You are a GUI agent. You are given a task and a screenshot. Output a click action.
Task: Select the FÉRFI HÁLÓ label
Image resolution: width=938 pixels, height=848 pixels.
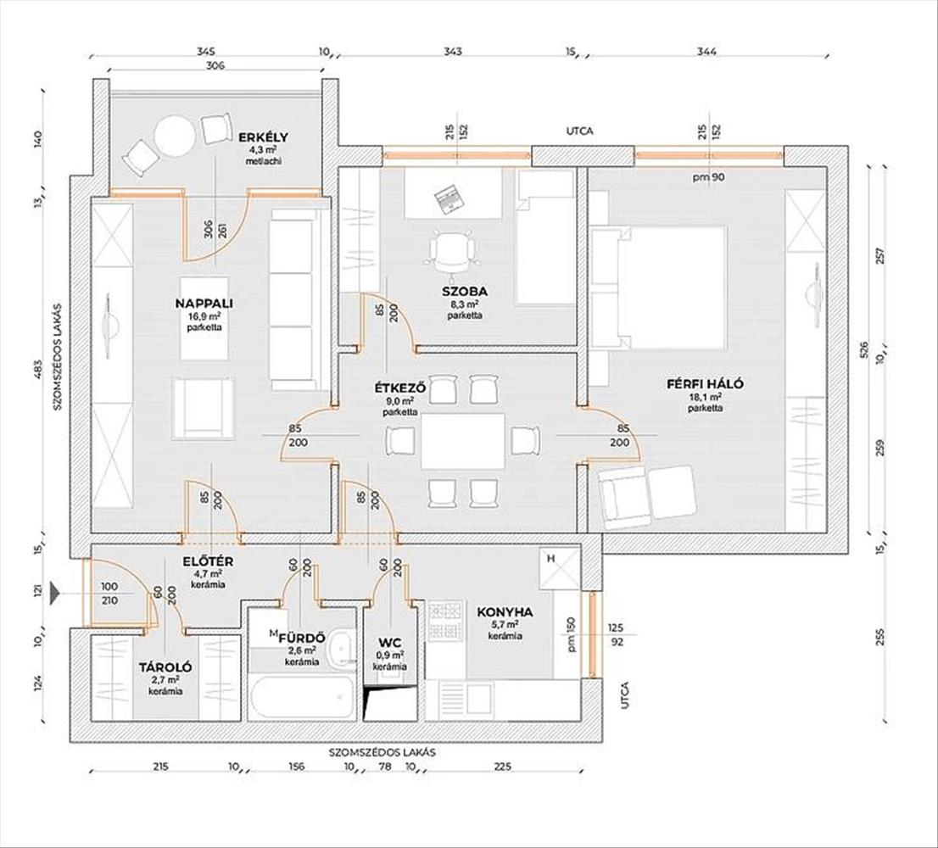(705, 384)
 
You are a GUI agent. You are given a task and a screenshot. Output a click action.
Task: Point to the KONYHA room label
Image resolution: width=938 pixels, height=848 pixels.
(505, 611)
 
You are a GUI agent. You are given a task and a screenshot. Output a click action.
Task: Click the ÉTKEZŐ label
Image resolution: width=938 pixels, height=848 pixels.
(399, 388)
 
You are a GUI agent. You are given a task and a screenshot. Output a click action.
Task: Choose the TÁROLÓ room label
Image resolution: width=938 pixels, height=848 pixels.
(165, 667)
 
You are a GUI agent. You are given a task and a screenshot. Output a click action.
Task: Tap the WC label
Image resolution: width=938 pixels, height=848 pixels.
(389, 642)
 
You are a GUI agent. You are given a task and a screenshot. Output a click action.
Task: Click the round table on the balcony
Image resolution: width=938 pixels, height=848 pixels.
(176, 136)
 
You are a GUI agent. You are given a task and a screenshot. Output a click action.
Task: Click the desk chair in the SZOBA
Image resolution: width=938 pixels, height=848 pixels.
(451, 250)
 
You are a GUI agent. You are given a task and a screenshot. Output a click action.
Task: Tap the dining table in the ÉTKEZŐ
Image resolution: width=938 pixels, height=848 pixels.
(462, 441)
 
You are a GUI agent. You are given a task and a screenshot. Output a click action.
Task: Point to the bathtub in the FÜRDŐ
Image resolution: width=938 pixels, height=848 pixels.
(303, 697)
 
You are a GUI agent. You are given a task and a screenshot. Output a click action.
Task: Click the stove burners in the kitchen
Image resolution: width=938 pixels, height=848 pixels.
(444, 620)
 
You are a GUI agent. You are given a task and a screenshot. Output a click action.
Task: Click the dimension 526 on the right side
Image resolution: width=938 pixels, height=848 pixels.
(864, 349)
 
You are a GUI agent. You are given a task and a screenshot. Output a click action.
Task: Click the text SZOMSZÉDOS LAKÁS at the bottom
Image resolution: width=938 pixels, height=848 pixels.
(388, 752)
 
